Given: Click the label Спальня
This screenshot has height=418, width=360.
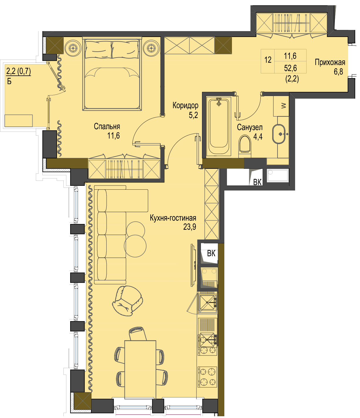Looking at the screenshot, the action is point(107,127).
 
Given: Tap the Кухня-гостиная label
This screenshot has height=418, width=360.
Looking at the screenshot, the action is point(173,218).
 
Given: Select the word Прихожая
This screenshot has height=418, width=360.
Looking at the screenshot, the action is point(330,63).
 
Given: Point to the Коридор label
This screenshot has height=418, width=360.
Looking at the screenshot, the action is point(185,105).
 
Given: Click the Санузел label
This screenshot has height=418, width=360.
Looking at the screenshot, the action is point(250,127).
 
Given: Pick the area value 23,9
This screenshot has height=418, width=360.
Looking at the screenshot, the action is point(189,227).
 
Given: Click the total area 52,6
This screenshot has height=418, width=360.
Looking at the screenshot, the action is point(290,68).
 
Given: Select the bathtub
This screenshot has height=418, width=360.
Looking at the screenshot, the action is point(218,126).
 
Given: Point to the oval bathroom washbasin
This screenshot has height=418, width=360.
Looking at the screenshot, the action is point(279,134).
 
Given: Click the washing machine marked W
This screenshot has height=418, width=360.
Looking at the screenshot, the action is point(281,106).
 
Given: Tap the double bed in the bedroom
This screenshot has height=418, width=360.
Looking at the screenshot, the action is point(112,74).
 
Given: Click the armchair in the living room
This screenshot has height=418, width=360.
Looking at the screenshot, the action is point(127,301).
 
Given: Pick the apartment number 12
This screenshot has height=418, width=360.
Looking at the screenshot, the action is point(268,60).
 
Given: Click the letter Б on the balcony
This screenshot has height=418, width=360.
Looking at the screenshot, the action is point(9,82).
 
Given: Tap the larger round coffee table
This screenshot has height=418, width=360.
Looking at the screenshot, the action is point(135,246).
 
